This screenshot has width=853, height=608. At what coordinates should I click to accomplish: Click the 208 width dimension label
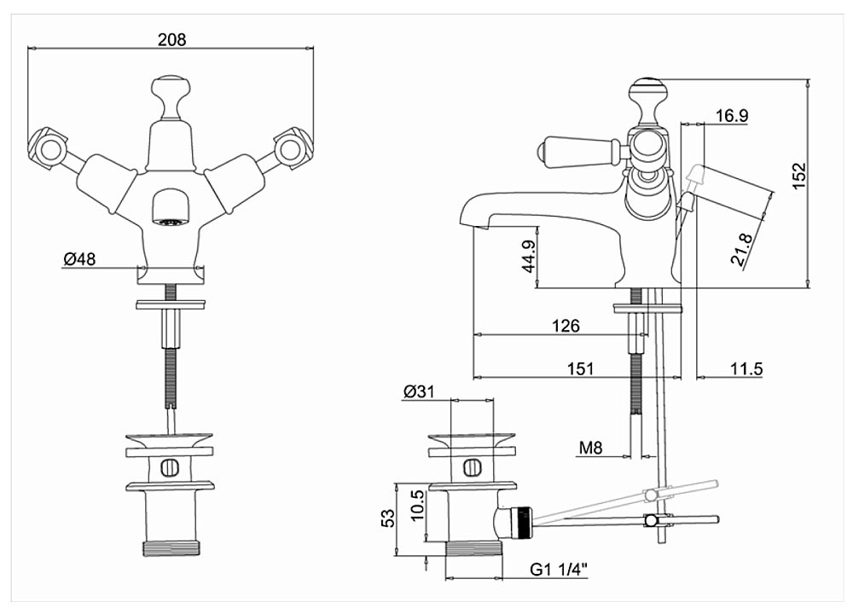tap(171, 39)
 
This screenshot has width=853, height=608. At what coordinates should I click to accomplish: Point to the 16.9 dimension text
tap(726, 115)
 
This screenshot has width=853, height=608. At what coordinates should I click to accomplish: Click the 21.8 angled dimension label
tap(743, 248)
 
